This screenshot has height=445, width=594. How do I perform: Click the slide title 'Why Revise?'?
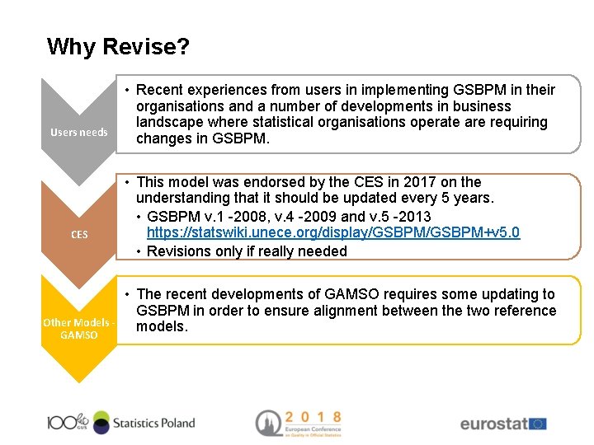pyautogui.click(x=118, y=46)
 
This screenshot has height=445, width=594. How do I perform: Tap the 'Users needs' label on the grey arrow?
pyautogui.click(x=79, y=132)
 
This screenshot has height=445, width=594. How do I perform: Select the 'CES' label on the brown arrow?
pyautogui.click(x=79, y=235)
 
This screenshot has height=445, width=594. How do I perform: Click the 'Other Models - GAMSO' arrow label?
pyautogui.click(x=79, y=329)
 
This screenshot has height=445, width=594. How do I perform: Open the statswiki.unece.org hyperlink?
pyautogui.click(x=333, y=232)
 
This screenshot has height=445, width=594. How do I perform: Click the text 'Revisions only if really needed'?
pyautogui.click(x=247, y=251)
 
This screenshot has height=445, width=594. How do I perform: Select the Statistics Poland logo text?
pyautogui.click(x=154, y=423)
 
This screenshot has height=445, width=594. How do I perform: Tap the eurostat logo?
pyautogui.click(x=502, y=424)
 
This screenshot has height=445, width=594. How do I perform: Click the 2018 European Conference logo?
pyautogui.click(x=298, y=423)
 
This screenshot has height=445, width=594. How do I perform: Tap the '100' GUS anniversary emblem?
pyautogui.click(x=68, y=423)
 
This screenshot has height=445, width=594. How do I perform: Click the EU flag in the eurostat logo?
pyautogui.click(x=538, y=424)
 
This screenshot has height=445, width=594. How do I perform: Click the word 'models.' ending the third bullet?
pyautogui.click(x=162, y=327)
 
